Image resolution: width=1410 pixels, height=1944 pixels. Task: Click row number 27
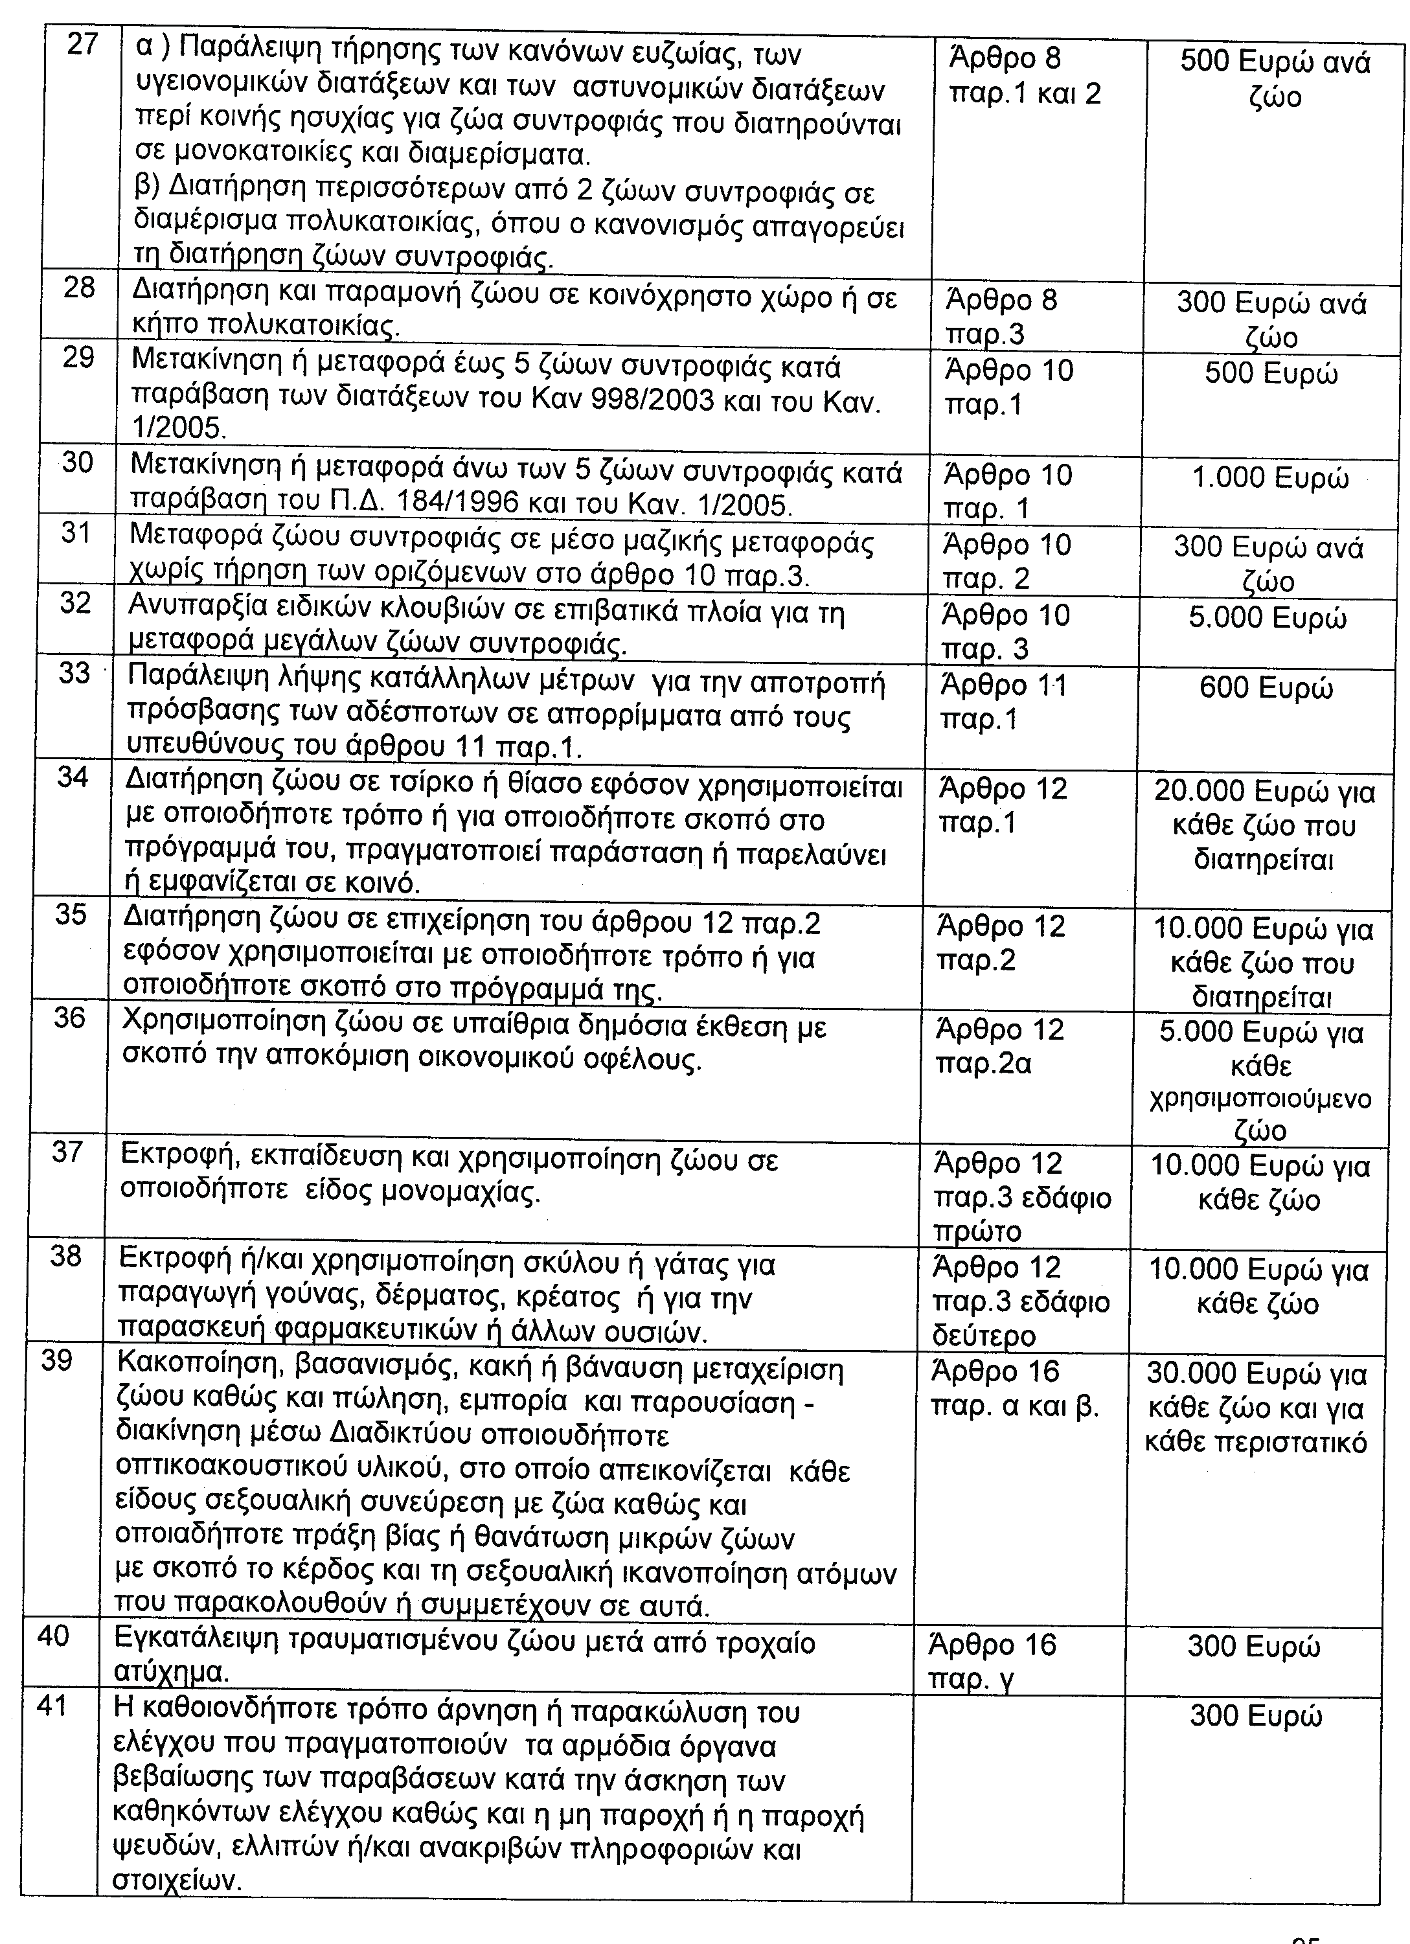(82, 45)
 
